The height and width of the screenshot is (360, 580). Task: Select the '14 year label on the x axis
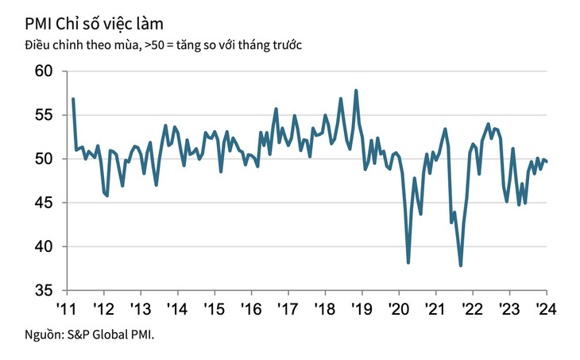pos(176,308)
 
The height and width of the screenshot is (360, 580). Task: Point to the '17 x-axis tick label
pos(287,308)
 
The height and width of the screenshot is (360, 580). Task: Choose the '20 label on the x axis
pos(397,308)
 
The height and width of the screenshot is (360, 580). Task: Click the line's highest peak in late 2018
pos(356,91)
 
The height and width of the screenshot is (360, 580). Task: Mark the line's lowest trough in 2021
pos(461,265)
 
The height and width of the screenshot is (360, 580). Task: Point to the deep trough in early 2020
pos(408,262)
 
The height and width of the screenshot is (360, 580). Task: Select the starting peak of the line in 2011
pos(73,99)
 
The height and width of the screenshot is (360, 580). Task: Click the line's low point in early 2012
pos(107,195)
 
